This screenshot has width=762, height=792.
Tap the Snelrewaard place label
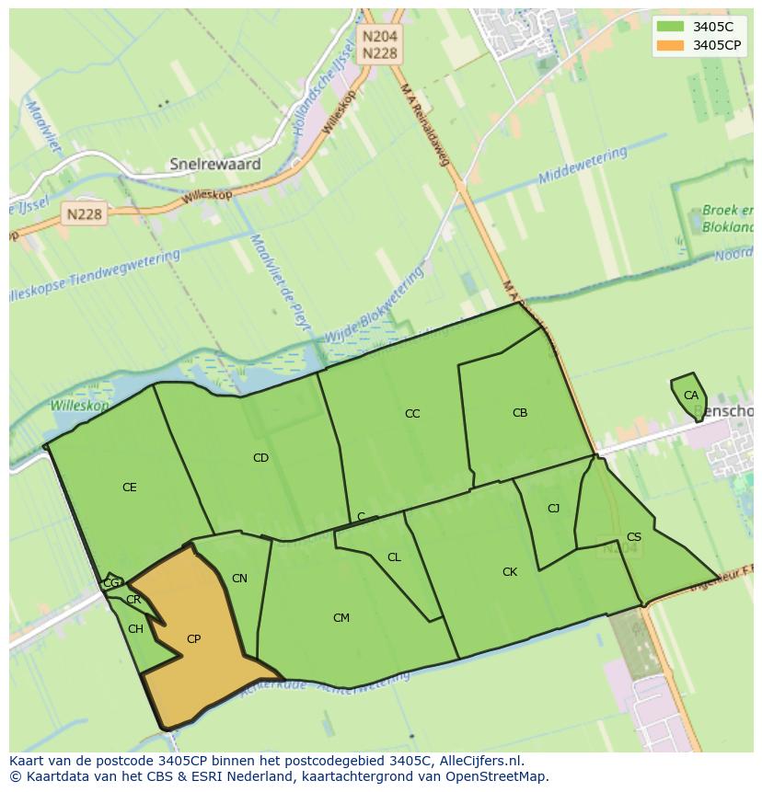[x=215, y=165]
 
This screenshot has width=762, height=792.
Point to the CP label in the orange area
[x=193, y=639]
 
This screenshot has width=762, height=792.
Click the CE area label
[x=130, y=488]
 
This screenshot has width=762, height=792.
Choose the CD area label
[x=260, y=458]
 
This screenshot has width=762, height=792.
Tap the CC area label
[x=412, y=414]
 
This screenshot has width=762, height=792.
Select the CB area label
[x=520, y=413]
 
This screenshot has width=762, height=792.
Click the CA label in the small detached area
[x=690, y=396]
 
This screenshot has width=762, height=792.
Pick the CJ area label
[x=553, y=509]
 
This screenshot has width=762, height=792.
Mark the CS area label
[x=634, y=537]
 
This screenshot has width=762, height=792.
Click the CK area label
[x=510, y=572]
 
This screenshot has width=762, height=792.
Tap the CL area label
[x=394, y=557]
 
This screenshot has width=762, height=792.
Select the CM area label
[x=341, y=618]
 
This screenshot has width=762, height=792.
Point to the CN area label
[x=239, y=579]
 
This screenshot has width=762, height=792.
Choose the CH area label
[x=135, y=629]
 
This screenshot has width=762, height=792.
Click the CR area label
[x=133, y=600]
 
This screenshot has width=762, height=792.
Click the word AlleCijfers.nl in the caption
[x=479, y=762]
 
